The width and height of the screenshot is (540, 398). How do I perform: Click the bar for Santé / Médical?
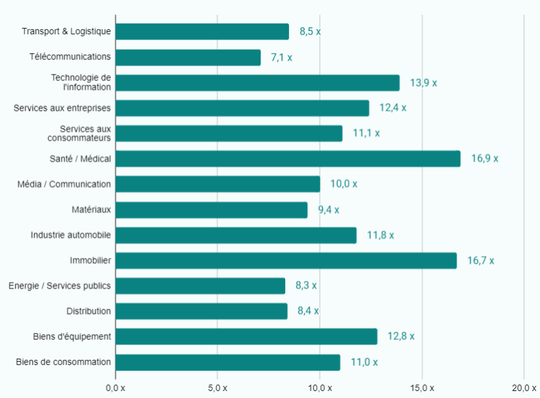(288, 159)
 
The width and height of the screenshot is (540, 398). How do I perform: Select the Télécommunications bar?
(188, 57)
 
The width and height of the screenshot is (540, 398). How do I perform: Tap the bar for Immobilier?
(286, 260)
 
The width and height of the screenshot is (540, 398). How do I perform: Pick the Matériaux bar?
(212, 209)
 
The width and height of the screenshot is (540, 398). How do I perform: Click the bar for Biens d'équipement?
(246, 336)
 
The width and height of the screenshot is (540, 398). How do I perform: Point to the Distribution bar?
(201, 311)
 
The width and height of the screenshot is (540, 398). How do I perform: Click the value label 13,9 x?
(423, 83)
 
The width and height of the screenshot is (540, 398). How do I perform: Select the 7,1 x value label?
(281, 58)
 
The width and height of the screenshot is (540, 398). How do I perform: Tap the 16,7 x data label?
(480, 261)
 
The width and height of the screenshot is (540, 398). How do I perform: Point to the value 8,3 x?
(306, 286)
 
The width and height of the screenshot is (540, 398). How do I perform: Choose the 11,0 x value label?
(364, 362)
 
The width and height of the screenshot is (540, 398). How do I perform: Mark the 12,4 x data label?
(393, 109)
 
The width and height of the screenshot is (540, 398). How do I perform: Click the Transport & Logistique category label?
(66, 31)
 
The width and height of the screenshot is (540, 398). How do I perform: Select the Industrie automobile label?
(71, 235)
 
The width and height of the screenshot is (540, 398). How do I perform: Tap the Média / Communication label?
(64, 184)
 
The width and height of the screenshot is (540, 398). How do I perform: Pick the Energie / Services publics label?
(60, 286)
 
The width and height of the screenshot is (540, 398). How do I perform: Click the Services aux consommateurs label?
(79, 133)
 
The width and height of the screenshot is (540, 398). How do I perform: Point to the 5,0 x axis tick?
(217, 388)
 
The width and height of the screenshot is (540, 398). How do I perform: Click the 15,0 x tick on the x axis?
(422, 388)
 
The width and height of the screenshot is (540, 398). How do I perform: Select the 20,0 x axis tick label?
(524, 388)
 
